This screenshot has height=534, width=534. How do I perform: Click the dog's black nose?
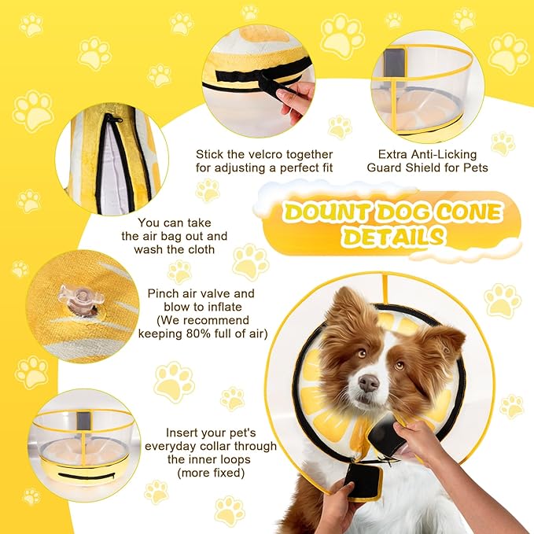click(368, 383)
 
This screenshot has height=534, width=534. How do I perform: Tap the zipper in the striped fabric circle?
click(110, 153)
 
